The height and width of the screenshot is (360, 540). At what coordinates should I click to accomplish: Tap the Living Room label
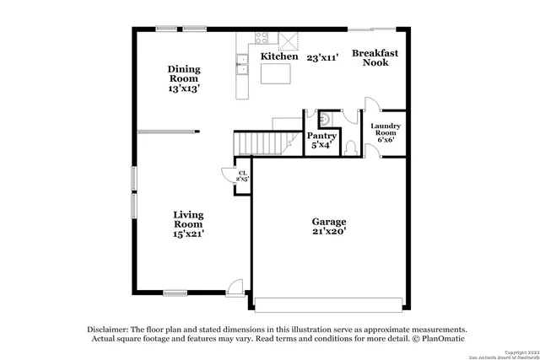(x=187, y=224)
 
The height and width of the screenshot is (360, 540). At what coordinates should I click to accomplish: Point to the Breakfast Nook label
(x=375, y=57)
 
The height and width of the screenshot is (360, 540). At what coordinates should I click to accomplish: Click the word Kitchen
(x=278, y=56)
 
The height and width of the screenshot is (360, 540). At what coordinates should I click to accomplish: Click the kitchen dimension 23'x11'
(x=323, y=57)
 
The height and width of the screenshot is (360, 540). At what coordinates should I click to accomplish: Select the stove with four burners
(x=261, y=38)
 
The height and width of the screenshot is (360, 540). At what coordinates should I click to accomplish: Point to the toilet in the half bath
(x=351, y=146)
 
